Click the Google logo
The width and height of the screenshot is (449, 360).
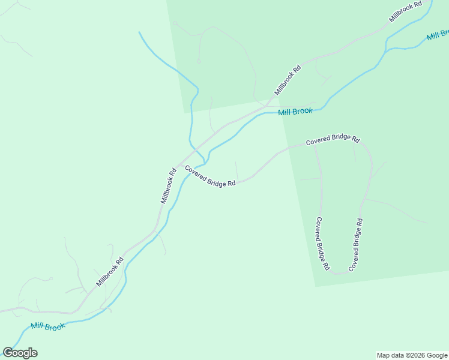[x=20, y=353]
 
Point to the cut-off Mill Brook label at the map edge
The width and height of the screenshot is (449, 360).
[x=437, y=35]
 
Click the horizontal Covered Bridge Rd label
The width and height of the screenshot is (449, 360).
[x=332, y=140]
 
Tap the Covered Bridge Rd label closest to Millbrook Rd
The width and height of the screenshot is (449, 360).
[x=209, y=176]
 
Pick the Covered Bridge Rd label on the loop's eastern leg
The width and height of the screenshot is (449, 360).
[x=356, y=244]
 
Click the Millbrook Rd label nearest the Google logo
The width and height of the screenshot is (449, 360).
[x=109, y=272]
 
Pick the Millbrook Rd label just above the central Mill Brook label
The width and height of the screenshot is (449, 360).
[x=288, y=80]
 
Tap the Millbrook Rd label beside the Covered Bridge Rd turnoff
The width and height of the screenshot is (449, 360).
[x=168, y=185]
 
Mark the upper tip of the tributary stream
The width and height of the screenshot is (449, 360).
[x=139, y=32]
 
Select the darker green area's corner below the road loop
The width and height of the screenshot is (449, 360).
[x=315, y=286]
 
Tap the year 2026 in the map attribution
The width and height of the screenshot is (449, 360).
[x=412, y=355]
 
